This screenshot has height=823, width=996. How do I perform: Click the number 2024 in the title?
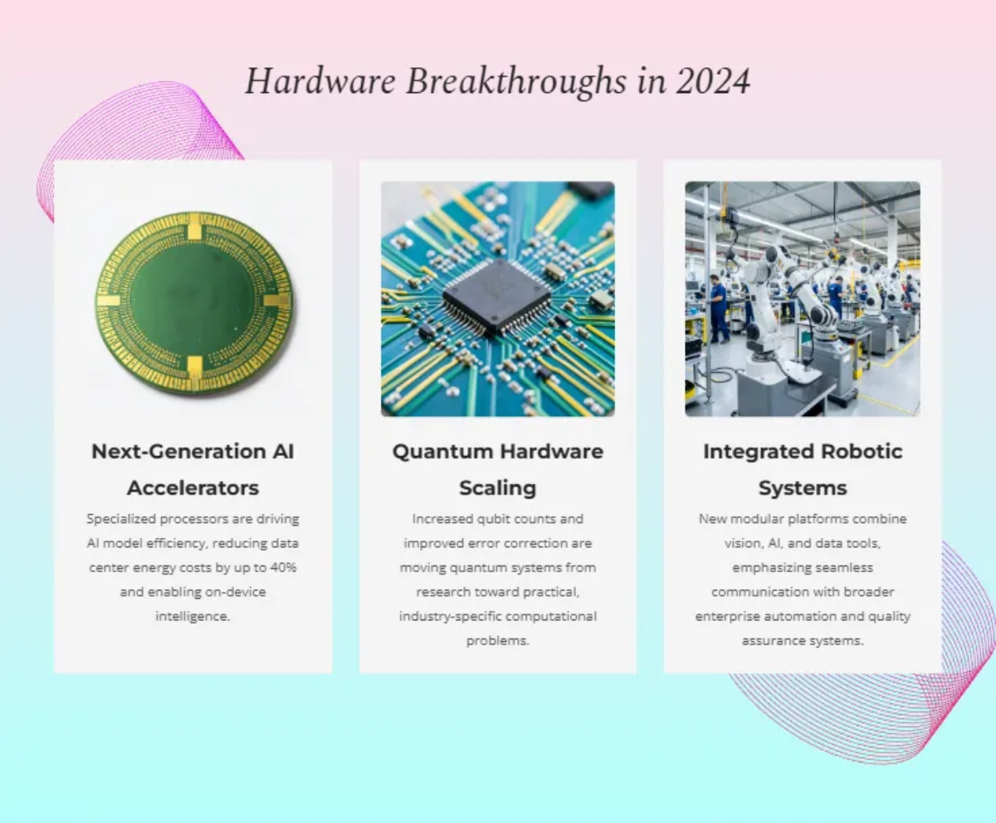tap(713, 81)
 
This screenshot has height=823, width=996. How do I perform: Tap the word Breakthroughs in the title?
tap(515, 82)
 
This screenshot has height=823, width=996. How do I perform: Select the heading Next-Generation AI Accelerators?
tap(193, 469)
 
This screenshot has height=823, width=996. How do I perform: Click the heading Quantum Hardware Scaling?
tap(497, 469)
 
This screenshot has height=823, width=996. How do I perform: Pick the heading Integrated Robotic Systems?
tap(803, 469)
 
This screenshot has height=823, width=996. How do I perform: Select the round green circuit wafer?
tap(193, 303)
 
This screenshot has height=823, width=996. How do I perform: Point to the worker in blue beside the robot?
tap(718, 308)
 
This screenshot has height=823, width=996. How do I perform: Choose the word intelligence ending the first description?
tap(193, 616)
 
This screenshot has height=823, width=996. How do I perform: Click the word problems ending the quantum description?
tap(497, 640)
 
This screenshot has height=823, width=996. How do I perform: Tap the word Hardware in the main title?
tap(320, 81)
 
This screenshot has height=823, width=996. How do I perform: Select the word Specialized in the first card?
tap(121, 519)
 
